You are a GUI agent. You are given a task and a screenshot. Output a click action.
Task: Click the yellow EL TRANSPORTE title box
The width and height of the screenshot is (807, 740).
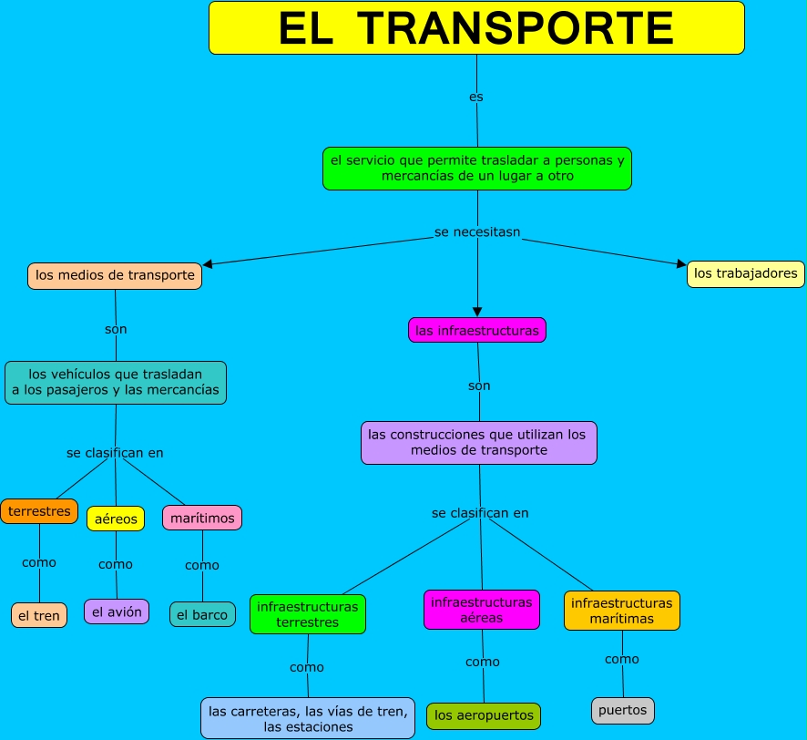pyautogui.click(x=476, y=28)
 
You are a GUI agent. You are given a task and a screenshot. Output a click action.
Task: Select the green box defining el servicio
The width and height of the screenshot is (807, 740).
pyautogui.click(x=477, y=169)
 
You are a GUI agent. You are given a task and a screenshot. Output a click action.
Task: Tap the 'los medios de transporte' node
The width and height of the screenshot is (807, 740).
pyautogui.click(x=115, y=275)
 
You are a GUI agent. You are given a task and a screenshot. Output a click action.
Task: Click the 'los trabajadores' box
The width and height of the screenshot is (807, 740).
pyautogui.click(x=745, y=273)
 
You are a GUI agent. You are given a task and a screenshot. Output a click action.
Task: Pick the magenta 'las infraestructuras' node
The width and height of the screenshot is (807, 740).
pyautogui.click(x=477, y=330)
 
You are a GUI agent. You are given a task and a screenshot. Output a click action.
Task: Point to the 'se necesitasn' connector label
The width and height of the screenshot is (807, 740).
pyautogui.click(x=477, y=232)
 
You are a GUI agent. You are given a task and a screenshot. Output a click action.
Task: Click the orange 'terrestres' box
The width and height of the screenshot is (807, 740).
pyautogui.click(x=39, y=511)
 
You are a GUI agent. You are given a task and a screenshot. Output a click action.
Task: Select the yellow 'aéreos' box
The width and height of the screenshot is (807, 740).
pyautogui.click(x=116, y=519)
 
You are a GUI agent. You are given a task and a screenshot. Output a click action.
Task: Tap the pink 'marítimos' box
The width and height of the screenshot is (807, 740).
pyautogui.click(x=202, y=518)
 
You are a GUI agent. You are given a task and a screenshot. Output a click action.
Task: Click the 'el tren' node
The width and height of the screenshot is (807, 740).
pyautogui.click(x=39, y=615)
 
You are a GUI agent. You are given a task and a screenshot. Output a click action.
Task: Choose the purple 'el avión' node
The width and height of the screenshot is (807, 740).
pyautogui.click(x=117, y=612)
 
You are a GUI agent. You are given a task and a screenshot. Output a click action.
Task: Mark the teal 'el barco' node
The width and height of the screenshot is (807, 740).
pyautogui.click(x=202, y=614)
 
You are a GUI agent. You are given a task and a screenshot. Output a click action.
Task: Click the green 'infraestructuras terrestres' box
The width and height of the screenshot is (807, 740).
pyautogui.click(x=308, y=614)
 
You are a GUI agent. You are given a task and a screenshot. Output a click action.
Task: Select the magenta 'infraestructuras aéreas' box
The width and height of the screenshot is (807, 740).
pyautogui.click(x=482, y=610)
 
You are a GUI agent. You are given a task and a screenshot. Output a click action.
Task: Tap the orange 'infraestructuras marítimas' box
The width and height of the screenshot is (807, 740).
pyautogui.click(x=622, y=611)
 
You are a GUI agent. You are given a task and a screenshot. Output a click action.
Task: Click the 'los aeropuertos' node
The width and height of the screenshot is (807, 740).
pyautogui.click(x=484, y=715)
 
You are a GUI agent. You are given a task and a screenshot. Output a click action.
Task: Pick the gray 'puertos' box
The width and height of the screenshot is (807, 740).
pyautogui.click(x=623, y=710)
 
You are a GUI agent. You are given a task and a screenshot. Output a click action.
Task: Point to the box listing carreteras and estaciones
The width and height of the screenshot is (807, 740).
pyautogui.click(x=308, y=718)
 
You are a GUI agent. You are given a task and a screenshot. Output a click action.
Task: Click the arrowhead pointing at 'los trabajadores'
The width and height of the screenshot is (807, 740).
pyautogui.click(x=681, y=264)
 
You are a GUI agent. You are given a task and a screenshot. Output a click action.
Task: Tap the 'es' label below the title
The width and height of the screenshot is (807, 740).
pyautogui.click(x=475, y=97)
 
